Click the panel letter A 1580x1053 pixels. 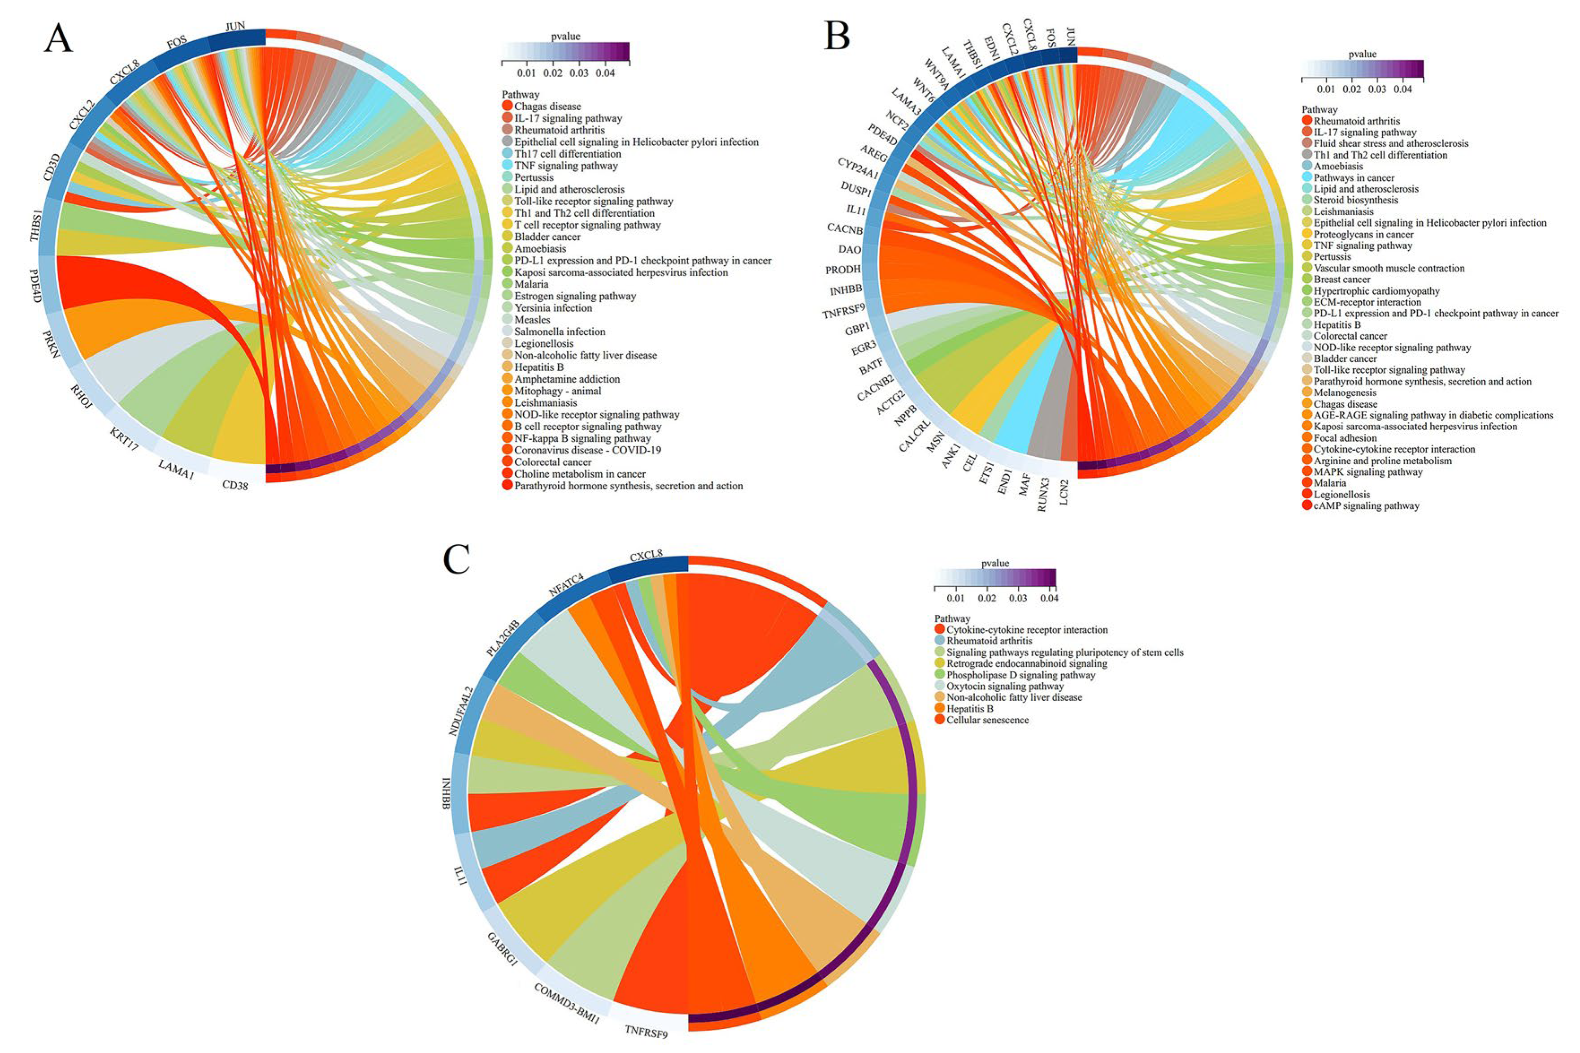click(x=58, y=38)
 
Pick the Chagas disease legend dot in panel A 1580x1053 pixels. click(x=507, y=106)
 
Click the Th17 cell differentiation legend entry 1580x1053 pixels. click(x=568, y=154)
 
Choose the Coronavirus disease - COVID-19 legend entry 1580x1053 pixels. click(x=587, y=450)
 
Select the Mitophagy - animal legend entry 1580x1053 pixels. click(x=558, y=391)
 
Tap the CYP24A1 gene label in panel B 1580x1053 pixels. click(x=858, y=168)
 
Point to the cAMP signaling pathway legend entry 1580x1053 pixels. click(x=1367, y=506)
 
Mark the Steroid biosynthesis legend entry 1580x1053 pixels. click(x=1356, y=200)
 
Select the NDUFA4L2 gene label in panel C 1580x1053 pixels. click(x=461, y=711)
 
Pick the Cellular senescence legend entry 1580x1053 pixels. click(x=987, y=720)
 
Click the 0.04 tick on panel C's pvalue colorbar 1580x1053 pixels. click(x=1049, y=598)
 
